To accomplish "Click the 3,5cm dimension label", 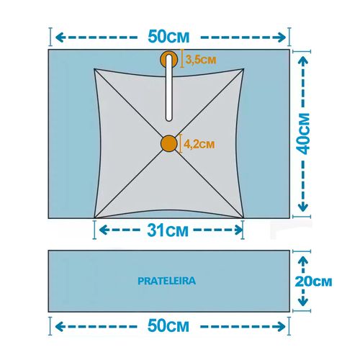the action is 201,60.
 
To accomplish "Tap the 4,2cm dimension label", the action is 199,144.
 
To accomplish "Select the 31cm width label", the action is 168,230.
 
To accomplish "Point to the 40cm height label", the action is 303,133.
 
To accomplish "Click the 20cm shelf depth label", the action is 313,282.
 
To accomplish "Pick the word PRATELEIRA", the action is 167,281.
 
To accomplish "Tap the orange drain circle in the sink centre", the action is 169,143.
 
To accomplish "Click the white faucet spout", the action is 169,88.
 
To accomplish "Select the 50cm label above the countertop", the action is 168,37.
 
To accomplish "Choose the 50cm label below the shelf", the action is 168,326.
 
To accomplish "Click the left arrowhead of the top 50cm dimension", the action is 59,37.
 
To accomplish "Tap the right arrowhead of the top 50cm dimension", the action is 282,37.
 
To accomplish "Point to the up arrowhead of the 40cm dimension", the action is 303,60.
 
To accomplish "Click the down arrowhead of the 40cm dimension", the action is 303,207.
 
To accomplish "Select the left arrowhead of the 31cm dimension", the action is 103,230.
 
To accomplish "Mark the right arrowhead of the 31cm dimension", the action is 239,230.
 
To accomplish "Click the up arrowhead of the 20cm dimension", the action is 303,261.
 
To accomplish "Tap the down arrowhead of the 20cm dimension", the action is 303,302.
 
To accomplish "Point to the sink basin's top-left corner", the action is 94,69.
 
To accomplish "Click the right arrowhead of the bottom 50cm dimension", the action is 282,327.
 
